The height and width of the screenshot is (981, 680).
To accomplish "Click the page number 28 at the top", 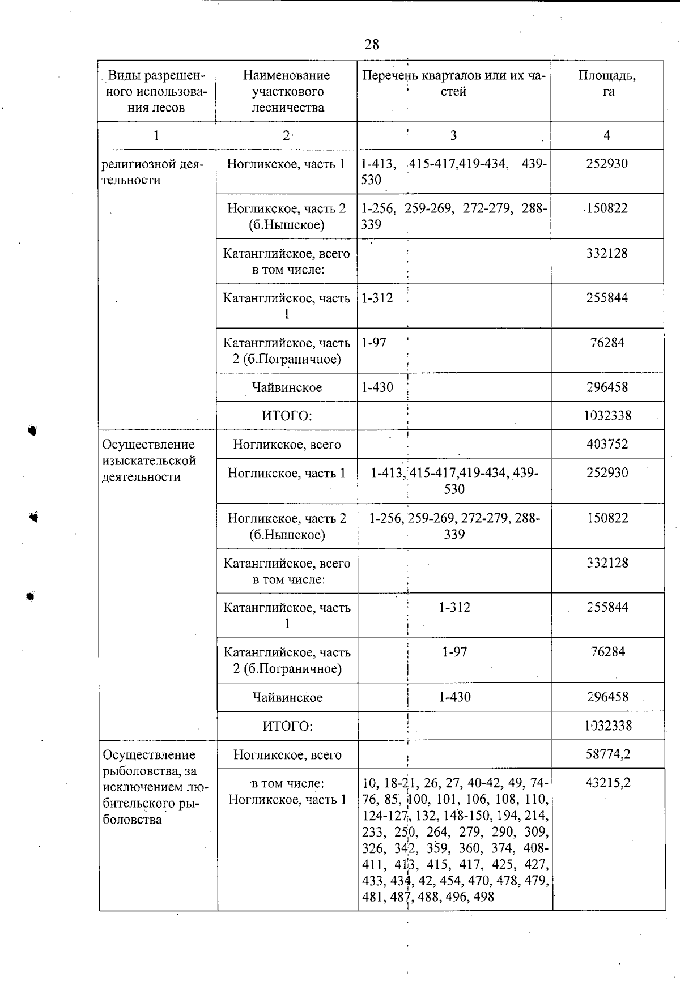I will (372, 44).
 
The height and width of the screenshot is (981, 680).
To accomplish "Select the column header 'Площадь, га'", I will (607, 83).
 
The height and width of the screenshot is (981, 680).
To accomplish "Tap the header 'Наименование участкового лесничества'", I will (287, 91).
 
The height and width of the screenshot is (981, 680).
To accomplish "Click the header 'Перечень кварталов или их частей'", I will (453, 83).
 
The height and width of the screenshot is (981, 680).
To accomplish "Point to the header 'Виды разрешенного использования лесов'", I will (156, 91).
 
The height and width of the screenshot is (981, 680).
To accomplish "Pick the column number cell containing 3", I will (453, 135).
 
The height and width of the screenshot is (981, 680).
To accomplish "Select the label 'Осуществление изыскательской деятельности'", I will (148, 460).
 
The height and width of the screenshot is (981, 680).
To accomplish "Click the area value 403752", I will (607, 444).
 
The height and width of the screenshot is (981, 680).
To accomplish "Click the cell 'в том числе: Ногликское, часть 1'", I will (287, 791).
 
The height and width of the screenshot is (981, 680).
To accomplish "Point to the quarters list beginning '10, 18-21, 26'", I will (455, 839).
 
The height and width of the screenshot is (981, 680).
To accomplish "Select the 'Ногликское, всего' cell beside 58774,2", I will (287, 755).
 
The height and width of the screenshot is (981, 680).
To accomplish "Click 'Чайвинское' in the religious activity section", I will (287, 388).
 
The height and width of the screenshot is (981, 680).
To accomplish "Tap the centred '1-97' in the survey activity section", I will (454, 652).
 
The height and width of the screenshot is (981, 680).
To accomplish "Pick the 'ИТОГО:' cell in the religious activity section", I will (287, 416).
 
